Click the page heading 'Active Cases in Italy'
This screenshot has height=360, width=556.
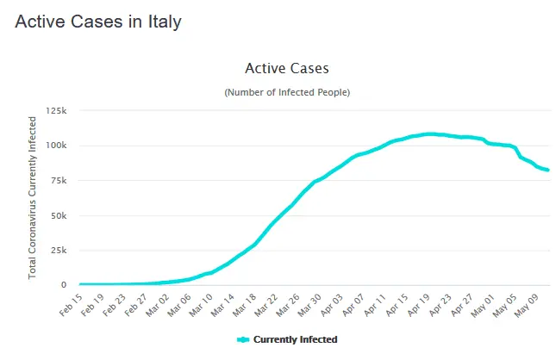[x=98, y=22]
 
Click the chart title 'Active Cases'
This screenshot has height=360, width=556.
[x=287, y=68]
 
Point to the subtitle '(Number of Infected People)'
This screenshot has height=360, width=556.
[x=287, y=92]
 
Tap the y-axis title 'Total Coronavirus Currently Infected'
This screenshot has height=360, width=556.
[x=33, y=197]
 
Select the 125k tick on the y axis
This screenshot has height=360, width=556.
[x=57, y=111]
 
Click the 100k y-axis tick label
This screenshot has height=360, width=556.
[x=57, y=146]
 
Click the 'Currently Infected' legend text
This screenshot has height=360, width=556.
[x=295, y=339]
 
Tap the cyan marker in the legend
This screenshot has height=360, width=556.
[x=242, y=339]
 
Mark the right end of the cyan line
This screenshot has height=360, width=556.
[x=548, y=170]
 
